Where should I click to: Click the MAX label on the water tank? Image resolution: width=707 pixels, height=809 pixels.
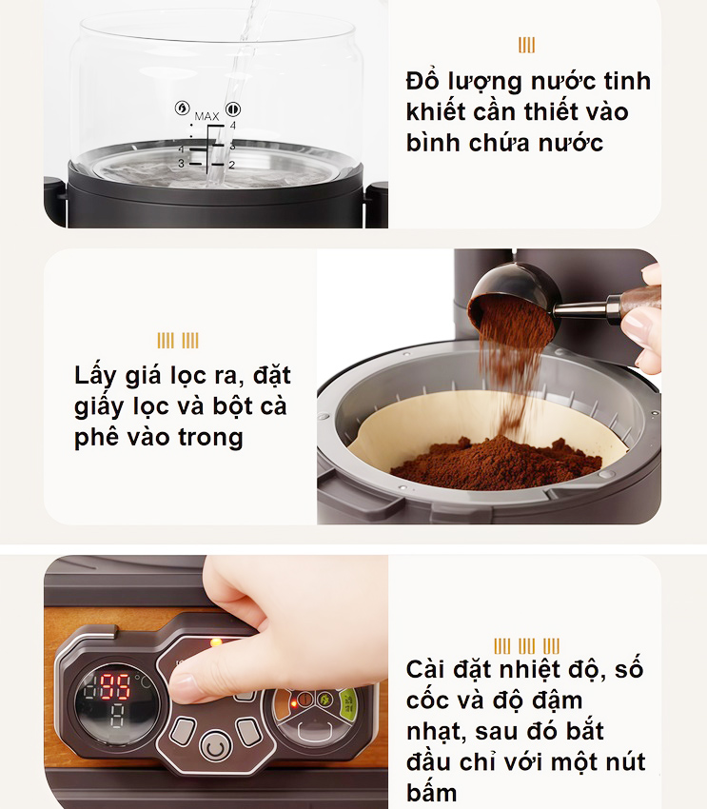pyautogui.click(x=206, y=116)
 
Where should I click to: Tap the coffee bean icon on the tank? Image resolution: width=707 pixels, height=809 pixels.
pyautogui.click(x=233, y=108)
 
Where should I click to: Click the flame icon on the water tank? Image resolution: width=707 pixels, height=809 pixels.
pyautogui.click(x=181, y=108)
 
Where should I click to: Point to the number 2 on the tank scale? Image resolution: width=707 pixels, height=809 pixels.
pyautogui.click(x=230, y=165)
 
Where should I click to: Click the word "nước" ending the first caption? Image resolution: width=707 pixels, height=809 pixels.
pyautogui.click(x=568, y=143)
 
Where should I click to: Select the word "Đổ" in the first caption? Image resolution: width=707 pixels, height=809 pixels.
pyautogui.click(x=422, y=80)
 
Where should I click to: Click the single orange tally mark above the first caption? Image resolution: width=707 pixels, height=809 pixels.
pyautogui.click(x=526, y=46)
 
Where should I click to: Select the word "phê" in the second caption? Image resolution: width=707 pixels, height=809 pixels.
pyautogui.click(x=99, y=437)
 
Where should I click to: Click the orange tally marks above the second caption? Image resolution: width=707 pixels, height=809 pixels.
pyautogui.click(x=178, y=341)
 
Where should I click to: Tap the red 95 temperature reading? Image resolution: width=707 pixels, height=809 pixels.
pyautogui.click(x=116, y=683)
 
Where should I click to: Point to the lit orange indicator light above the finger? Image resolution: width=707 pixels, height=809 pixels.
pyautogui.click(x=217, y=642)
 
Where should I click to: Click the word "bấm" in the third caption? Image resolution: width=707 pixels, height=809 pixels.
pyautogui.click(x=432, y=791)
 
